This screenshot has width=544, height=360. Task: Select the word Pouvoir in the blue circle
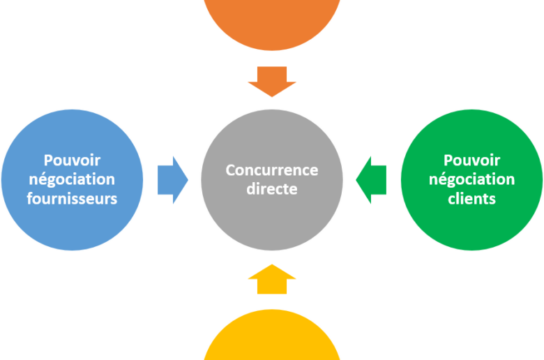click(x=71, y=159)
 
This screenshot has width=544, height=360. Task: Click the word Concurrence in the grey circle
click(x=271, y=170)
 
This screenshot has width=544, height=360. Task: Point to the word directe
click(x=271, y=189)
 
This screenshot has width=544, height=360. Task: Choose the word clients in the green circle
click(x=471, y=199)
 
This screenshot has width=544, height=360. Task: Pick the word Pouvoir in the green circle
click(x=471, y=159)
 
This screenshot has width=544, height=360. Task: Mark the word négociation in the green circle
click(x=471, y=179)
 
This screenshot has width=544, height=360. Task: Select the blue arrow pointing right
click(x=172, y=179)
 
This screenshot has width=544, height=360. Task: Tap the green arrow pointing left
click(x=371, y=179)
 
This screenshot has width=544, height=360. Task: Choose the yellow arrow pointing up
click(x=272, y=279)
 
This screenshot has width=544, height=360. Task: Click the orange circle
click(x=272, y=21)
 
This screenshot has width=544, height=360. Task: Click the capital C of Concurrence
click(x=230, y=170)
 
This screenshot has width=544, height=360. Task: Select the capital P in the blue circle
click(x=49, y=159)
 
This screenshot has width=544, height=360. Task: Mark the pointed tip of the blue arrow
click(x=188, y=179)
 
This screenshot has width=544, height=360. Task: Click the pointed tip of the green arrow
click(x=356, y=179)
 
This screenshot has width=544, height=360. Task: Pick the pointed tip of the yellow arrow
click(x=272, y=264)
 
